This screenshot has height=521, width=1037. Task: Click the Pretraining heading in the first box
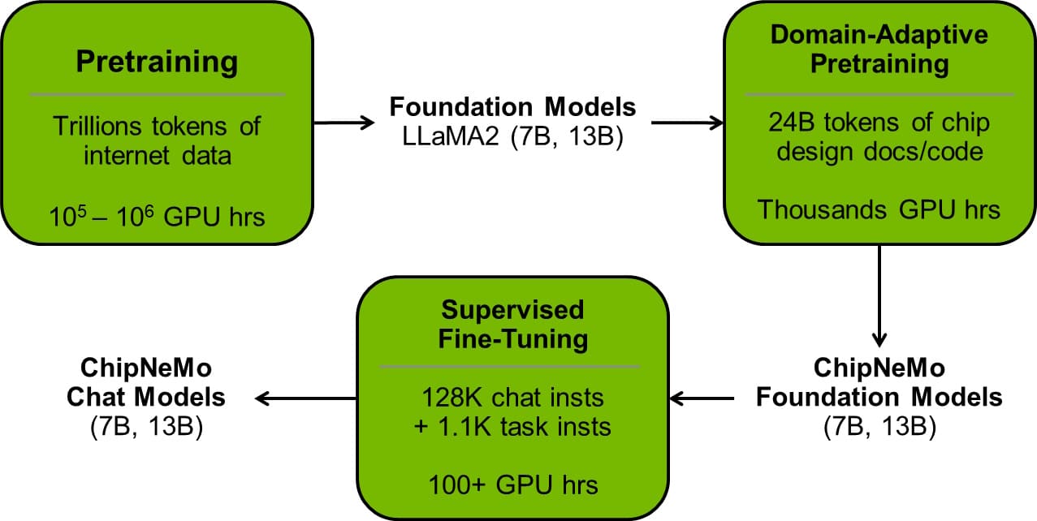(157, 62)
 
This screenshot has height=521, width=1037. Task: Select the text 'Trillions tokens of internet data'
(157, 140)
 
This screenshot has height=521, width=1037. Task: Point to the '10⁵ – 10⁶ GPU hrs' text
(157, 217)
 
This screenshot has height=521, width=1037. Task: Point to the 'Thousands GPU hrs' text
(879, 209)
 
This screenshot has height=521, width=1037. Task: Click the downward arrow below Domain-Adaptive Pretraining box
(879, 296)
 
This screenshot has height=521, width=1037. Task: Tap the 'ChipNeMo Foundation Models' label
(879, 383)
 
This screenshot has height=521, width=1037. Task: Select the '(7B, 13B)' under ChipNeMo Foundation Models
(879, 427)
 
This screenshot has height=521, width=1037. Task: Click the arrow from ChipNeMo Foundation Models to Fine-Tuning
(702, 398)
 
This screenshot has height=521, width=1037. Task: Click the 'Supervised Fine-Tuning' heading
(512, 324)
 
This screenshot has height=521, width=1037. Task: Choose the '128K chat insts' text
(512, 398)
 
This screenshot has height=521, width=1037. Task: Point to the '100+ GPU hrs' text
(512, 485)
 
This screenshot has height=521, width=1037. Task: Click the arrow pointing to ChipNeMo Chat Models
(307, 398)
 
